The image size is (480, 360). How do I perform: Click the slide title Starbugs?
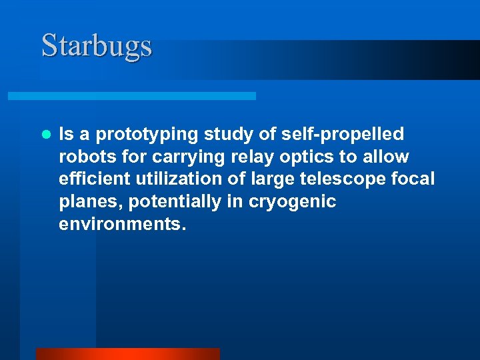(x=97, y=46)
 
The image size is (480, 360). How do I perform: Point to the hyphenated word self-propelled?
(x=341, y=135)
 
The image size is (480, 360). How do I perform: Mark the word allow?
(x=386, y=157)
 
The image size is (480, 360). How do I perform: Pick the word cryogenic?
(x=292, y=202)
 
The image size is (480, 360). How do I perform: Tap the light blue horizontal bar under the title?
(x=131, y=96)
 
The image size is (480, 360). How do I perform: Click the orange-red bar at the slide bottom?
(x=127, y=354)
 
